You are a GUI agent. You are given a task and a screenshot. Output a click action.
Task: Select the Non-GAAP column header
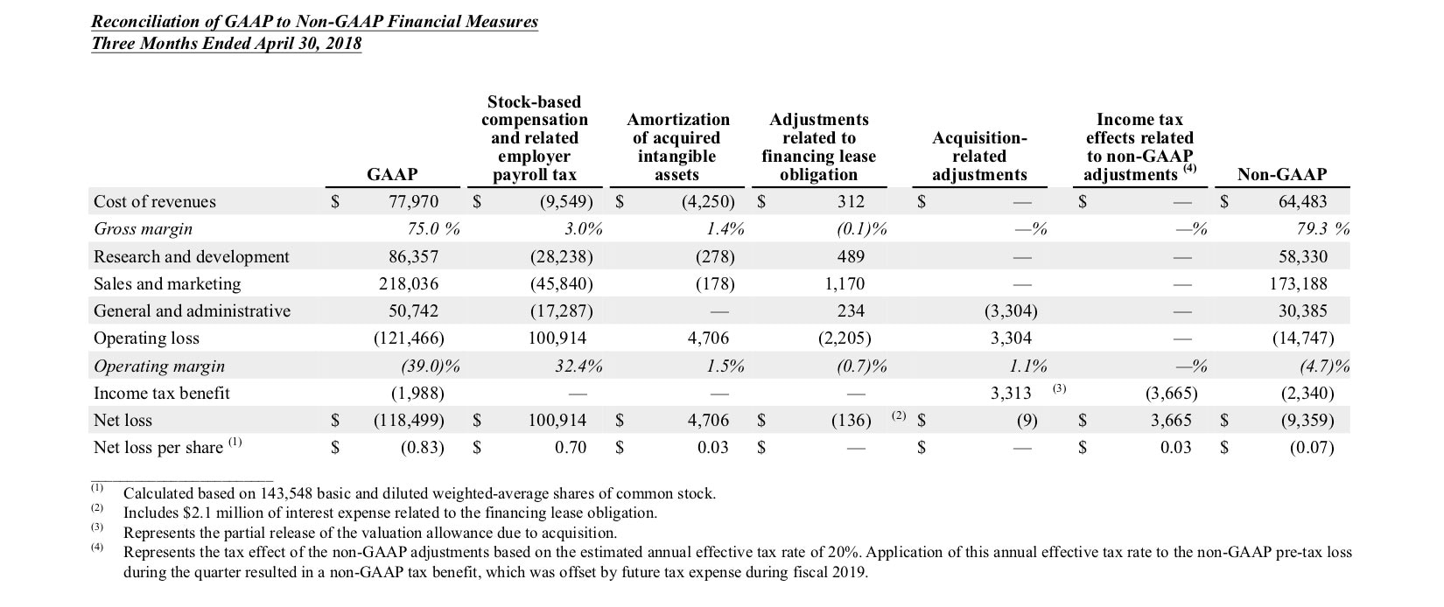click(1281, 174)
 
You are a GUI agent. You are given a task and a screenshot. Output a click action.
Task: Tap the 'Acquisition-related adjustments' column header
click(979, 156)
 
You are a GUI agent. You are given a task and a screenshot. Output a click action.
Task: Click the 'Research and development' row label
click(191, 256)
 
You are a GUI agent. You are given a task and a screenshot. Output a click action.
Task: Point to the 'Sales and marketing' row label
click(167, 283)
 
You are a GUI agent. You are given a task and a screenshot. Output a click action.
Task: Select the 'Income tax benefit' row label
click(161, 393)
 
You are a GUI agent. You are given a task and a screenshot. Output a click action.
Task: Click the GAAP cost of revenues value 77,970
click(413, 201)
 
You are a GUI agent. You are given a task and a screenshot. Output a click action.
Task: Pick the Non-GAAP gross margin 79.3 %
click(1322, 229)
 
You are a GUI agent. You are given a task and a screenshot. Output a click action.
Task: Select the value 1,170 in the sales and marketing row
click(844, 283)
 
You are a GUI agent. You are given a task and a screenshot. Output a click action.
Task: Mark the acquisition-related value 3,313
click(1011, 393)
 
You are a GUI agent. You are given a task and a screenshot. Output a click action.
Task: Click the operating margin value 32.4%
click(578, 366)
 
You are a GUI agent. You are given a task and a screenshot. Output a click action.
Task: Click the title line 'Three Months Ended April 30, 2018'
click(226, 44)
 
